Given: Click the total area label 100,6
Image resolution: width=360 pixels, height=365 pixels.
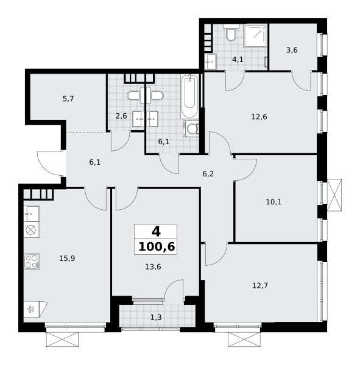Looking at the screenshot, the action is tap(157, 247).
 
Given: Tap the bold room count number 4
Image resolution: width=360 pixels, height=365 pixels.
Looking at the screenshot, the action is tap(156, 232).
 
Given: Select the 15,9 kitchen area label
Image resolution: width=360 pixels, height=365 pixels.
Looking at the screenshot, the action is tap(67, 258).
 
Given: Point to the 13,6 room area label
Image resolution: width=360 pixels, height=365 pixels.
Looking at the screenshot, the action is tap(153, 267).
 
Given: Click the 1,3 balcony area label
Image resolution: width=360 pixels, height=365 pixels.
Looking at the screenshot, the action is tap(156, 317).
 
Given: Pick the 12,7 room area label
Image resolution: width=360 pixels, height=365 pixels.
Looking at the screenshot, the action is tap(260, 285).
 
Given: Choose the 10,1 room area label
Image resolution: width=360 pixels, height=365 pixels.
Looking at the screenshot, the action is tap(274, 202).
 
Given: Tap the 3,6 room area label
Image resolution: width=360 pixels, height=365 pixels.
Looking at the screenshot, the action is tap(292, 50).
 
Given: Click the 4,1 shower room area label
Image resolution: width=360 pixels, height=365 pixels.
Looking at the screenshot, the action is tap(238, 60).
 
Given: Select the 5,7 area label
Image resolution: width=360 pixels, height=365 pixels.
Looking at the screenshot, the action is tap(68, 99).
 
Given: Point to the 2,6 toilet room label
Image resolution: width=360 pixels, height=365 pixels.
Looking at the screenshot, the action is tap(121, 116).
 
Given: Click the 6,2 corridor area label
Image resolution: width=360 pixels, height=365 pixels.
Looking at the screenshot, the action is tap(208, 173).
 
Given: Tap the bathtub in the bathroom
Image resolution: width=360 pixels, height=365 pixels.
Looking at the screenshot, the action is tap(189, 96).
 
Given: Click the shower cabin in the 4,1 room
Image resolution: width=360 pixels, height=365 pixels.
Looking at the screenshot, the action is tap(255, 36).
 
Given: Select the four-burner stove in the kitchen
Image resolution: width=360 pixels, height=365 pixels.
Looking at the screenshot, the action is tap(32, 262).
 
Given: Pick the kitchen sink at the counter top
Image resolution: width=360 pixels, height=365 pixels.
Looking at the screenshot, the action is tap(32, 214).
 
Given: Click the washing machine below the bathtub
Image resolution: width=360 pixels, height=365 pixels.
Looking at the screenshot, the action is tap(191, 128).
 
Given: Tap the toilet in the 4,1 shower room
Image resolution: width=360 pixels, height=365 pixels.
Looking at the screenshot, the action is tap(231, 33).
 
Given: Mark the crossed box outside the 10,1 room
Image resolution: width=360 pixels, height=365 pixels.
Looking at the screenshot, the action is tap(334, 195).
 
